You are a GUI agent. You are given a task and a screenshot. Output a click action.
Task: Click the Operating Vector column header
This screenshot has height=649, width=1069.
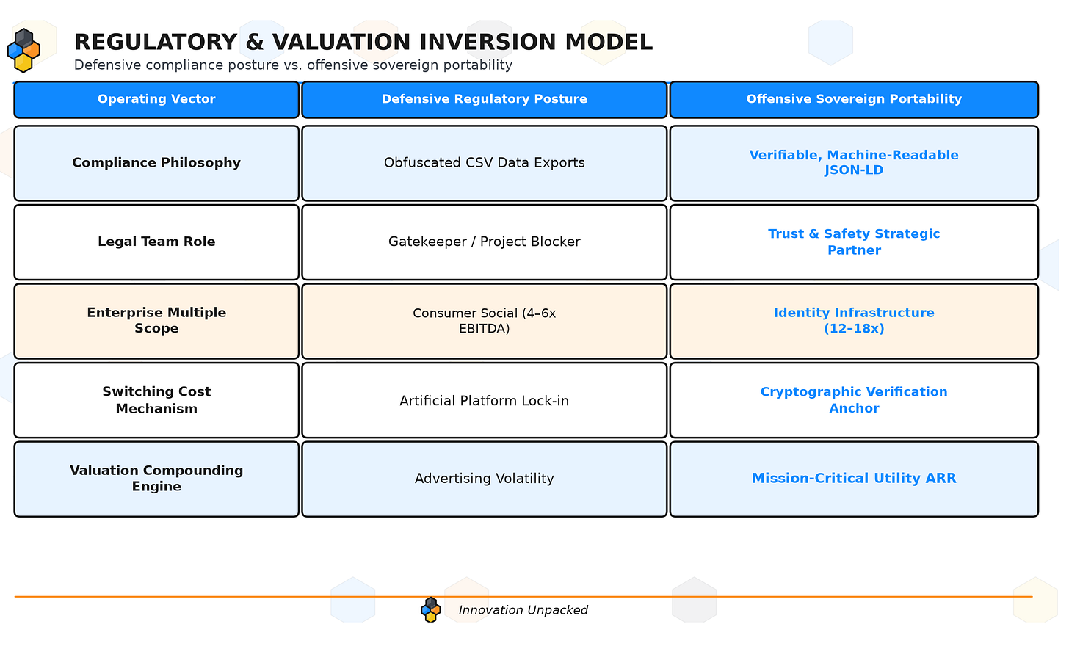(x=156, y=99)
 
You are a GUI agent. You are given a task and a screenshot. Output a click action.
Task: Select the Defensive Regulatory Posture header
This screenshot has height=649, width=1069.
(x=484, y=99)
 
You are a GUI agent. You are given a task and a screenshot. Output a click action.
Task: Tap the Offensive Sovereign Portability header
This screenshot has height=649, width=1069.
(x=854, y=99)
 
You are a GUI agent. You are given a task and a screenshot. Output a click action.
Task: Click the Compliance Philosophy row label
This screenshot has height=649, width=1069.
(x=156, y=163)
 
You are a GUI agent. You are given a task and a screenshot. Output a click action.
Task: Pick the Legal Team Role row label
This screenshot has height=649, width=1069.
(x=156, y=242)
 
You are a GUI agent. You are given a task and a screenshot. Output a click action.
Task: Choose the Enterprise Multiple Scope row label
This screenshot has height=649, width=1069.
(x=156, y=321)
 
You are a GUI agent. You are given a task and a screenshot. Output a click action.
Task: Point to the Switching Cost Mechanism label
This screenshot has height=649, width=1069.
(x=156, y=400)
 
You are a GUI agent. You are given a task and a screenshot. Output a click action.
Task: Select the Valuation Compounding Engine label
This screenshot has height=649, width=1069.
(x=156, y=479)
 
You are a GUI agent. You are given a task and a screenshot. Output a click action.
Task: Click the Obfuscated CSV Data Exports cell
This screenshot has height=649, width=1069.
(x=484, y=163)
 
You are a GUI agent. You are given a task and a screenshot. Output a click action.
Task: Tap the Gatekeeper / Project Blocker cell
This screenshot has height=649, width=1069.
(x=484, y=242)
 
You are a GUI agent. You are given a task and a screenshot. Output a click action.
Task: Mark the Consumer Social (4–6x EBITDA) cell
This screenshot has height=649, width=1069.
(x=484, y=321)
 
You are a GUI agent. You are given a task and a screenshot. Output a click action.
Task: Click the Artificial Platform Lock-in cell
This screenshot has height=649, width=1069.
(x=484, y=400)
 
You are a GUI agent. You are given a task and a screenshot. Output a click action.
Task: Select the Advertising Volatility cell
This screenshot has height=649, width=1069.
(x=484, y=479)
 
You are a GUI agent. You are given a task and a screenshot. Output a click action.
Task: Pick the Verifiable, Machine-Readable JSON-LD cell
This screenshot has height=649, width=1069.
(x=854, y=163)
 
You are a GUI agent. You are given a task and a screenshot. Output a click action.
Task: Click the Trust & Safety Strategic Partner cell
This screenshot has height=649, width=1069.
(x=854, y=242)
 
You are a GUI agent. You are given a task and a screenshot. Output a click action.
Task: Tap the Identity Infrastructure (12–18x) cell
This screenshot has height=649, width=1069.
(x=854, y=321)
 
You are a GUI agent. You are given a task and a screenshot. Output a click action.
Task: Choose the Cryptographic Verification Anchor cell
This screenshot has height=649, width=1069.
(x=854, y=400)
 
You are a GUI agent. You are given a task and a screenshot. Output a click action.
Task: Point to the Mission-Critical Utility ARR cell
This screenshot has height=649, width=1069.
(x=854, y=479)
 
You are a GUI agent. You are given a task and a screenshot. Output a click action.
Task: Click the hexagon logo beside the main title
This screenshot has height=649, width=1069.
(x=23, y=51)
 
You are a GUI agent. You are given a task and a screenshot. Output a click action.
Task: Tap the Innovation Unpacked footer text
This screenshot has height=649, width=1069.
(x=523, y=610)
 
